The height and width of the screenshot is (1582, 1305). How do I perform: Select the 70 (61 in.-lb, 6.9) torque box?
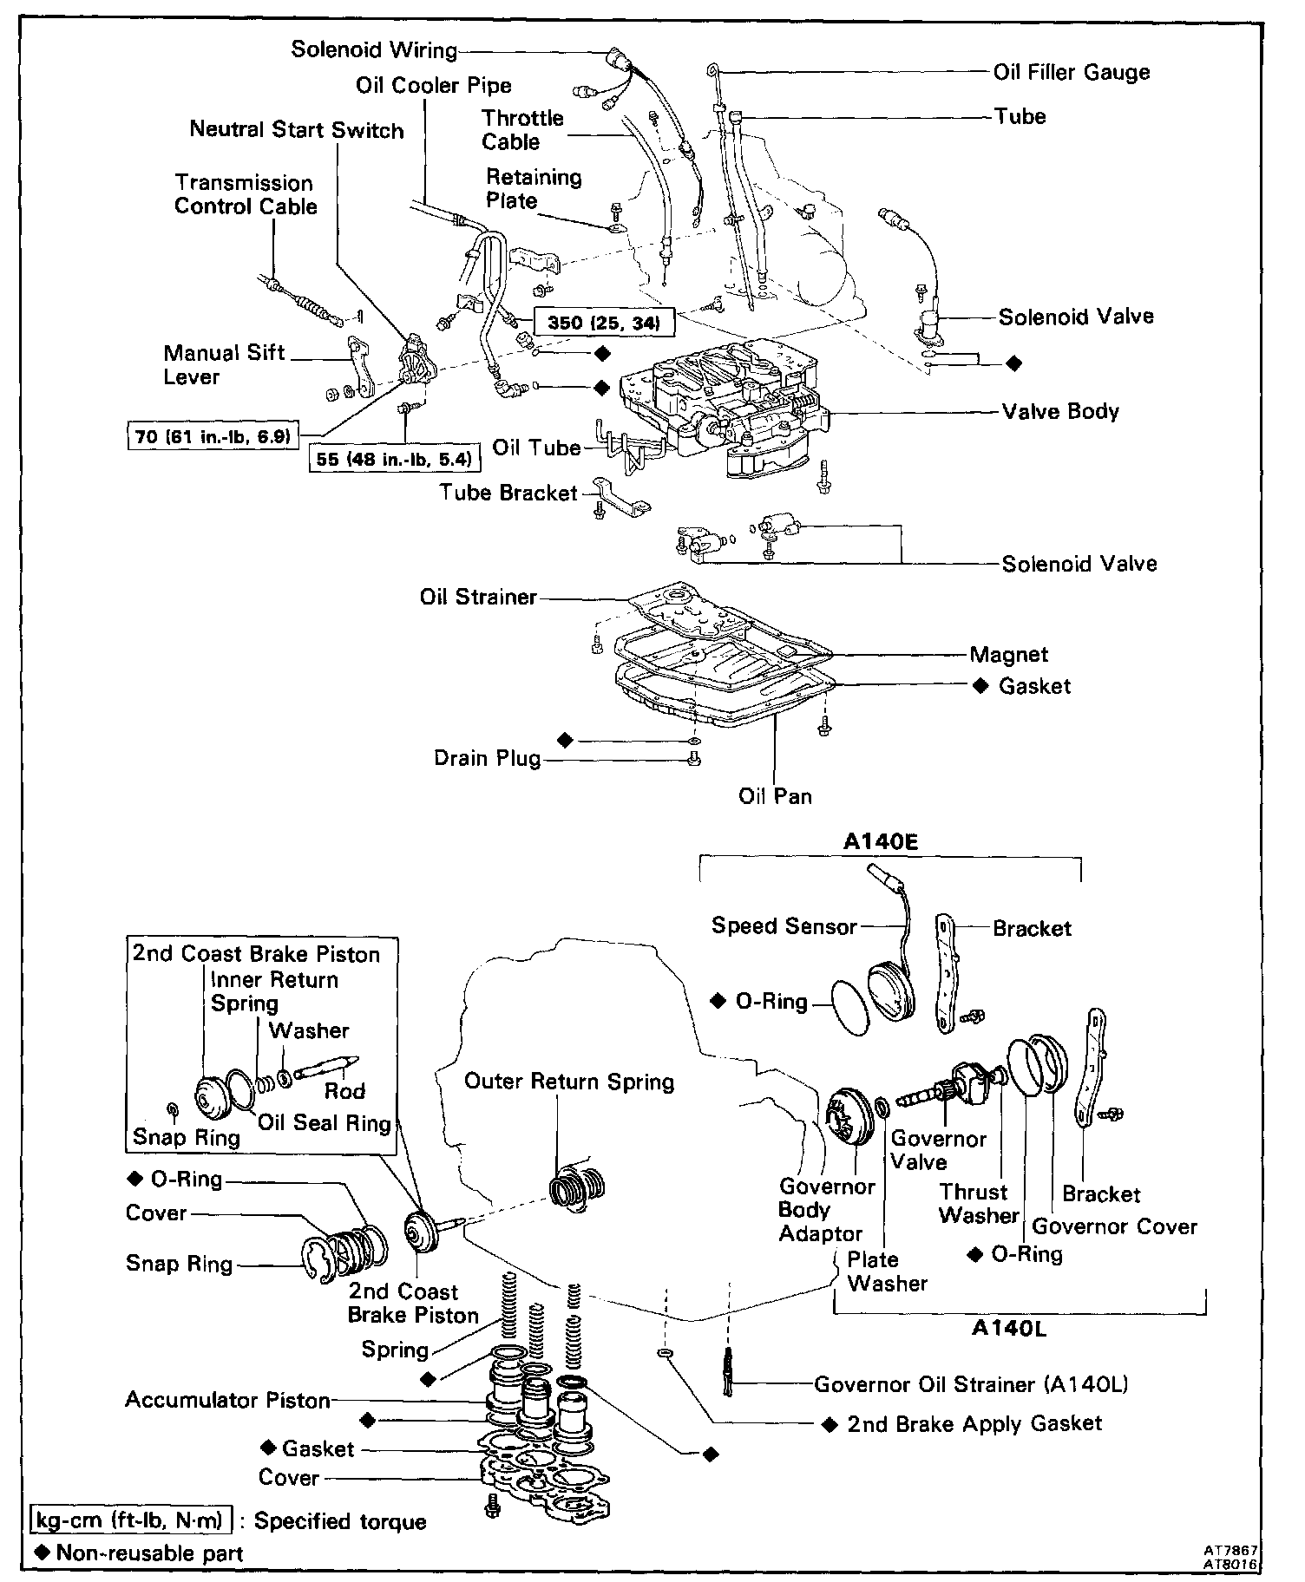(x=213, y=435)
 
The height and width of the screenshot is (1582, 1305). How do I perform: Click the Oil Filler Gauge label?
(x=1072, y=73)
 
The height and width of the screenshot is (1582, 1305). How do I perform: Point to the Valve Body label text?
(x=1060, y=411)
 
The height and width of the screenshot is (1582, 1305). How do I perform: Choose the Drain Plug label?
(x=487, y=759)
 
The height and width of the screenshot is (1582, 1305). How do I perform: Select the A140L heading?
(x=1008, y=1329)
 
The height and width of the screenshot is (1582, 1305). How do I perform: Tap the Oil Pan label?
(x=775, y=796)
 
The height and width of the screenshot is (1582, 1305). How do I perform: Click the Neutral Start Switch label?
(x=297, y=131)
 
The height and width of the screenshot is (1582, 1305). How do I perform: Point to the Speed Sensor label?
(x=784, y=926)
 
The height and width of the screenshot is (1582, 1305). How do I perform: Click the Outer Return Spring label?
(x=569, y=1082)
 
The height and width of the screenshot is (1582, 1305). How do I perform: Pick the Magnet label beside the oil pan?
(x=1009, y=655)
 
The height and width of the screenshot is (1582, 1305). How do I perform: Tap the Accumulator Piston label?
(x=227, y=1400)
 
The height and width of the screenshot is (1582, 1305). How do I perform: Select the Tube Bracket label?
(x=508, y=494)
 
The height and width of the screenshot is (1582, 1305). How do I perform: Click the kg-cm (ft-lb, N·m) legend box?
(x=131, y=1520)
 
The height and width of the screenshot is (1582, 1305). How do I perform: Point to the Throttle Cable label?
(x=522, y=130)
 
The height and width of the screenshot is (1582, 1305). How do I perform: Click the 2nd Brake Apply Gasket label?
(x=974, y=1424)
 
